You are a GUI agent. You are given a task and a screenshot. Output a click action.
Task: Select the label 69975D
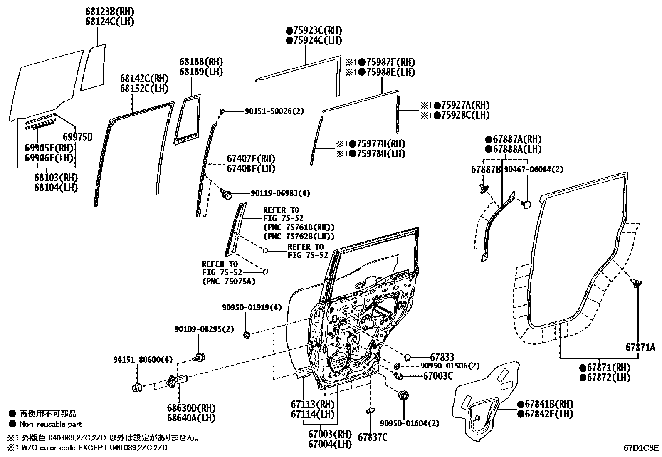[x=77, y=137]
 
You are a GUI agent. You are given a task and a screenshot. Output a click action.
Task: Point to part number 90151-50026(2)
[x=274, y=111]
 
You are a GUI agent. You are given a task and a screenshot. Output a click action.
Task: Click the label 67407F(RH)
[x=251, y=159]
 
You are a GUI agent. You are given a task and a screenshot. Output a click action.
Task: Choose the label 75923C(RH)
[x=314, y=30]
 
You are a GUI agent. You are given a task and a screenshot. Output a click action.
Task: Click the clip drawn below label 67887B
[x=484, y=188]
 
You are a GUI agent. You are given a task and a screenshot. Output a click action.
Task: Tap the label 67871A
[x=640, y=347]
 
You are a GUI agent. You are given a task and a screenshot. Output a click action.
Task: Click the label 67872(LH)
[x=605, y=378]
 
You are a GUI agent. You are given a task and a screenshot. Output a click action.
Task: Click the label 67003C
[x=438, y=376]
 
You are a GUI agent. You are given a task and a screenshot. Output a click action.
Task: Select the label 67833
[x=442, y=357]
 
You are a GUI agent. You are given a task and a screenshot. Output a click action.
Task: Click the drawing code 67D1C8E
[x=641, y=448]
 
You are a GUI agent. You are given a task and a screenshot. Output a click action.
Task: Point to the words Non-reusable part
[x=51, y=425]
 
